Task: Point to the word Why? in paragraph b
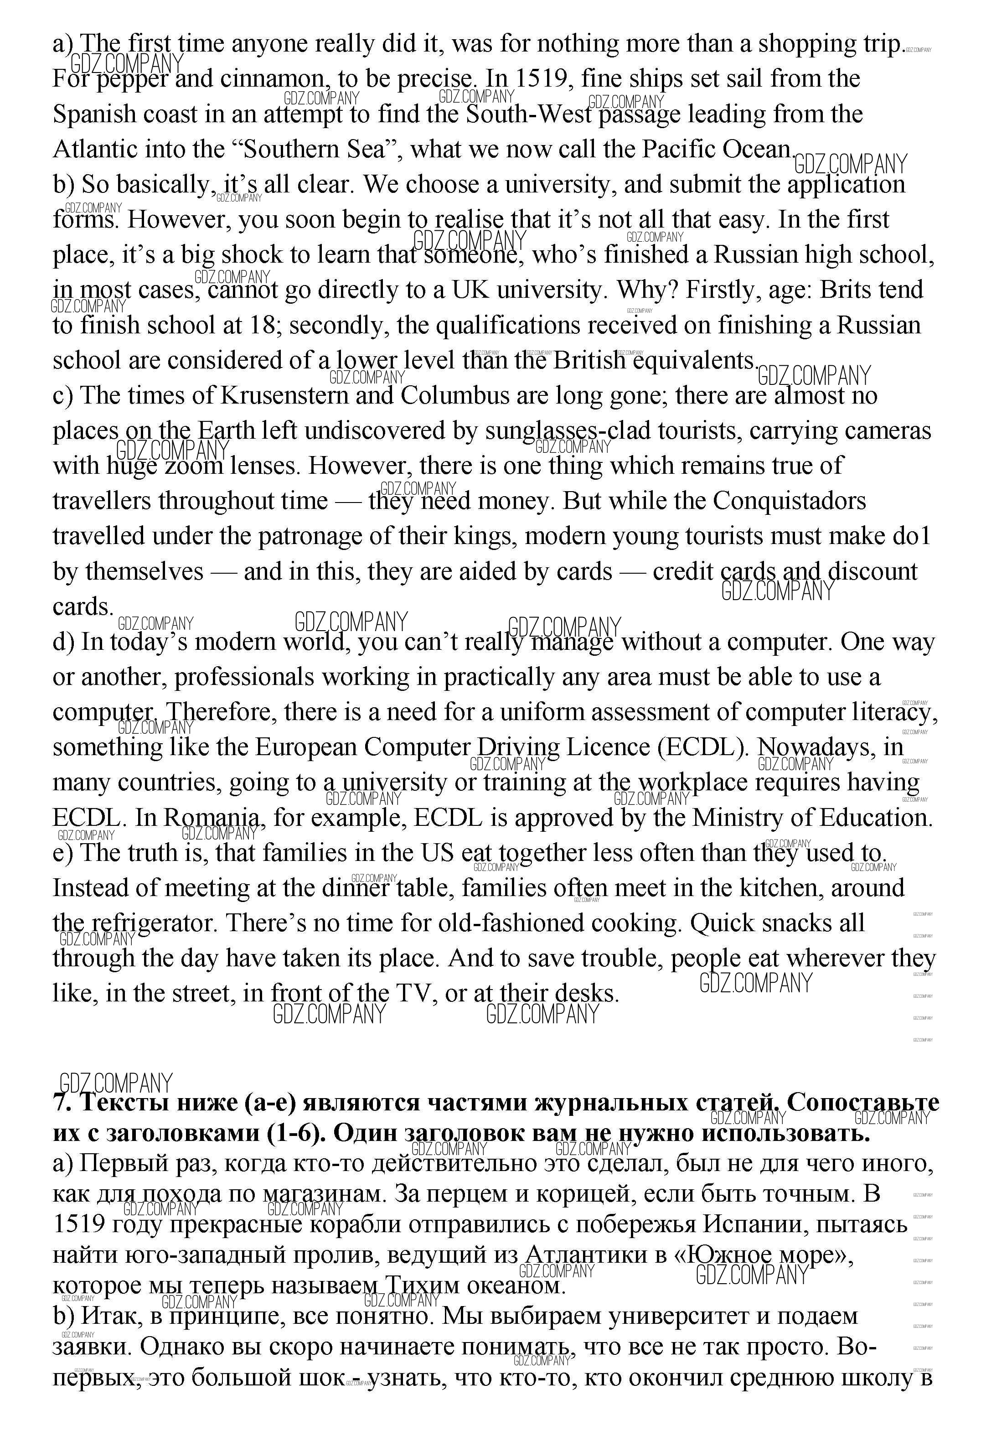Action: click(647, 290)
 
